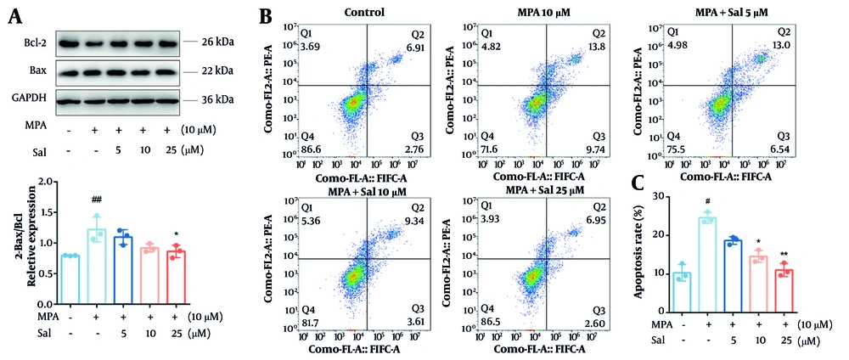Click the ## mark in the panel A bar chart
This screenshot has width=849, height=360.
[98, 200]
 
